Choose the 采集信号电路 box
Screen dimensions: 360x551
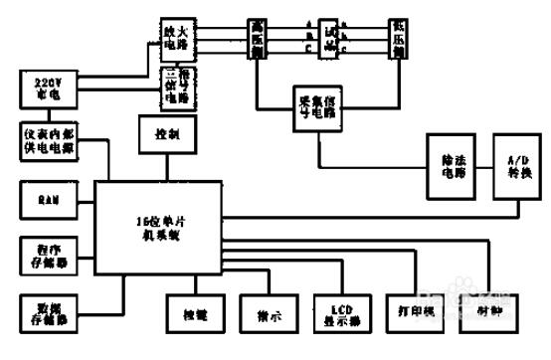[320, 108]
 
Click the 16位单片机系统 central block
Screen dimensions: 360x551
[157, 228]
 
